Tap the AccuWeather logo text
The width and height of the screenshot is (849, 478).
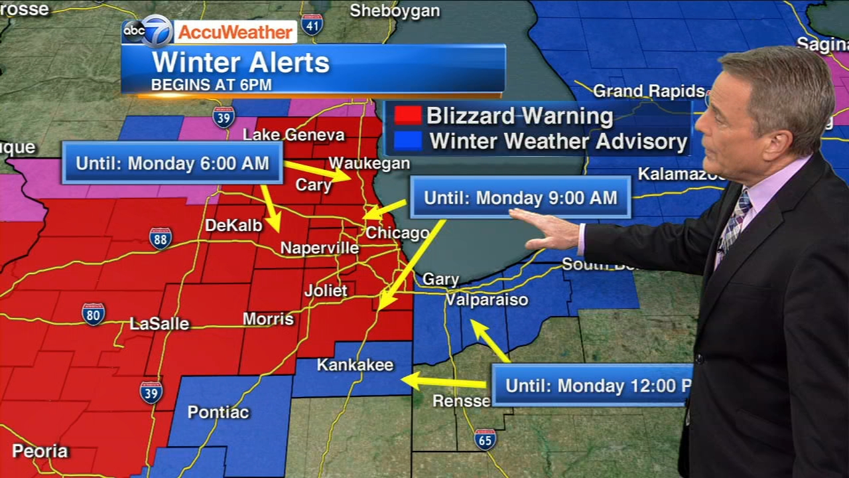point(235,32)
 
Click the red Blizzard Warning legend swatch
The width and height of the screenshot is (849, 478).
point(407,116)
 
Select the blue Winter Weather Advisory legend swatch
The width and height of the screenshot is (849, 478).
point(407,141)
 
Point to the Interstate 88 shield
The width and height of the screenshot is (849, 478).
point(161,238)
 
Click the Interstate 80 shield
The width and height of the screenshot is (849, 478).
point(94,313)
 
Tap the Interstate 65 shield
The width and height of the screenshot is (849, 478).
point(485,439)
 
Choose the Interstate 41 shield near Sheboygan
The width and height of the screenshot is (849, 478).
point(312,25)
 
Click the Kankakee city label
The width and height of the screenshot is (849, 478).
point(355,365)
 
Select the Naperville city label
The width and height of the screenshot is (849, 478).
point(319,248)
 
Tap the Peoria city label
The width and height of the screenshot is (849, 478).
point(40,451)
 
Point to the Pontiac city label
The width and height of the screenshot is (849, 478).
point(218,412)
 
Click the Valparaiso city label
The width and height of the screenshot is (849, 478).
point(486,300)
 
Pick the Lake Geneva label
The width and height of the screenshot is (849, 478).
point(294,135)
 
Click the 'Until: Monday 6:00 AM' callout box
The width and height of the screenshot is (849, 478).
point(172,163)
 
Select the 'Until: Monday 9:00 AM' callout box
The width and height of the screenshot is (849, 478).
point(520,197)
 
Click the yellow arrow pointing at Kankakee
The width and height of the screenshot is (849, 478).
point(444,382)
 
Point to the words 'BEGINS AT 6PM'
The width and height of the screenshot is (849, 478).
point(212,85)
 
